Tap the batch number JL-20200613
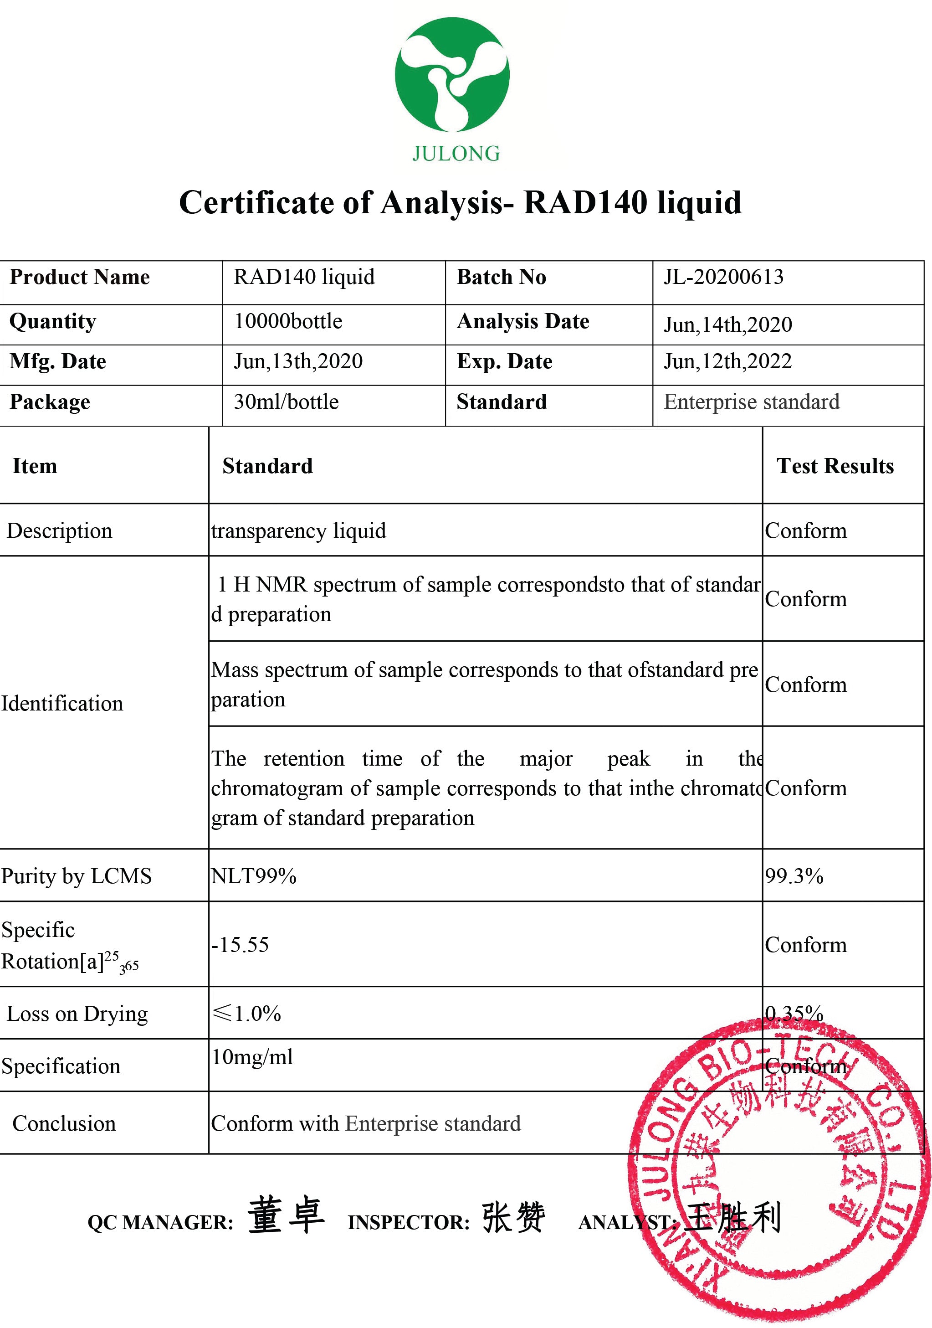pos(723,277)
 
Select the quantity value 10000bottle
pos(288,322)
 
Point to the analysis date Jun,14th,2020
pos(727,324)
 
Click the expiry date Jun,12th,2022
pos(727,361)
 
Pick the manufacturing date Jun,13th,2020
pos(298,361)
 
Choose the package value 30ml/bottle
pos(286,402)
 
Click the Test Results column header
pos(835,466)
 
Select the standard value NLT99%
pos(253,876)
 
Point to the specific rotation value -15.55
pos(240,945)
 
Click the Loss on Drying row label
pos(77,1014)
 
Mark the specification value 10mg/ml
pos(252,1057)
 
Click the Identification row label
pos(62,703)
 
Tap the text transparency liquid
pos(298,531)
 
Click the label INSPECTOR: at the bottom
pos(408,1222)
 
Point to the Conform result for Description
pos(805,531)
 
